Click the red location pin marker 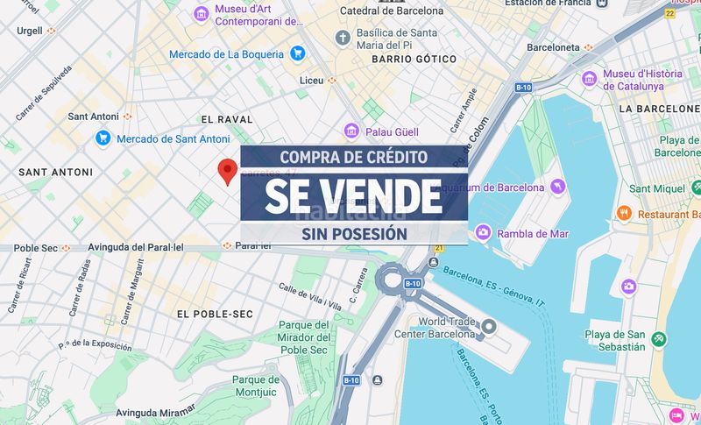(x=228, y=170)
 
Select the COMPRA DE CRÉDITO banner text (x=353, y=158)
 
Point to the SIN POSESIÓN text (x=353, y=234)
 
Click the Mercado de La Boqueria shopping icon (x=297, y=53)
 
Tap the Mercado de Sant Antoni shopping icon (x=103, y=138)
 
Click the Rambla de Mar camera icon (x=482, y=233)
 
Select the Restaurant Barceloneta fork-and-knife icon (x=624, y=213)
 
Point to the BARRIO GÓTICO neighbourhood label (x=414, y=59)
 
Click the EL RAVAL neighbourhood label (x=226, y=119)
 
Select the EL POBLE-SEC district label (x=216, y=314)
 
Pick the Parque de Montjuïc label (x=257, y=386)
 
